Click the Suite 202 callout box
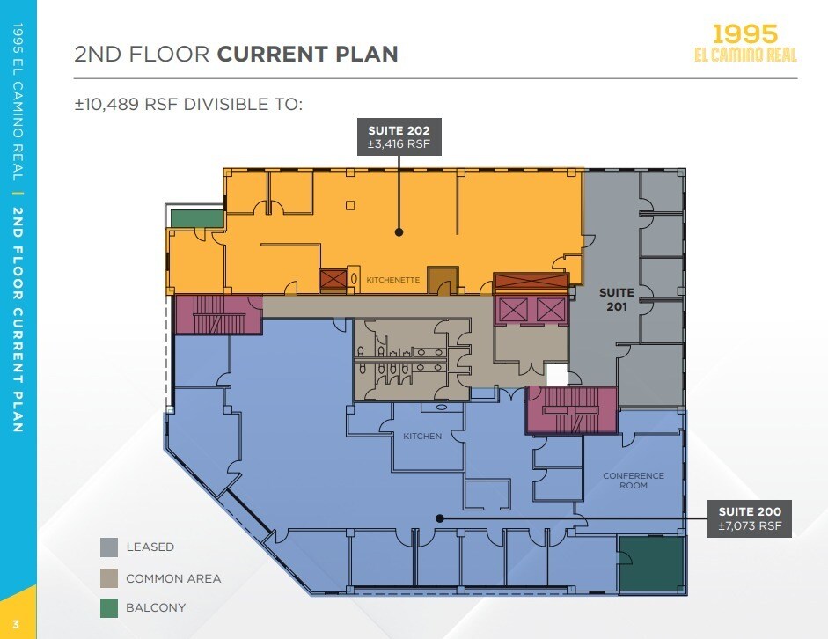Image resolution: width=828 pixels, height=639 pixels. (x=399, y=136)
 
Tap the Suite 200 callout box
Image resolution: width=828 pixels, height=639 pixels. (x=750, y=518)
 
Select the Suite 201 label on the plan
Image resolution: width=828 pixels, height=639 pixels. (x=617, y=299)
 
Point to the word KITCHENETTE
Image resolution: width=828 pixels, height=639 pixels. (x=392, y=280)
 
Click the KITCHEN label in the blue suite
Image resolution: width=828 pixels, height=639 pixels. (x=422, y=437)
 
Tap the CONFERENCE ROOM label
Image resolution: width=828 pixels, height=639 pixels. (x=634, y=481)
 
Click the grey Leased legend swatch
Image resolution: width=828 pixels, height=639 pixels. (x=109, y=547)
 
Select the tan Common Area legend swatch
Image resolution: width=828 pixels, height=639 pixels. (x=109, y=578)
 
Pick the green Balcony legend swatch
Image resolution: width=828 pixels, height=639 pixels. (x=109, y=608)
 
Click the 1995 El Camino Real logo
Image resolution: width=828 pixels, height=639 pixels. (x=745, y=43)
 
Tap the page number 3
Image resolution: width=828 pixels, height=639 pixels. (x=16, y=625)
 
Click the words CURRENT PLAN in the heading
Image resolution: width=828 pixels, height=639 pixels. (x=307, y=54)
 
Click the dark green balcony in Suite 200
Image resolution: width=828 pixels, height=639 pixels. (x=651, y=564)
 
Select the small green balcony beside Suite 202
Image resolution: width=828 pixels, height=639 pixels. (x=197, y=218)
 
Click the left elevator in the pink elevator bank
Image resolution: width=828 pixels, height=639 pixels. (x=513, y=310)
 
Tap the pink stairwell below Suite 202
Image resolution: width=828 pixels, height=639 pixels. (x=218, y=314)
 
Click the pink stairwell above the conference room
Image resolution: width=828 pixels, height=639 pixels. (x=572, y=410)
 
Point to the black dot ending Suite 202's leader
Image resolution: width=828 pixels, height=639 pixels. (x=399, y=232)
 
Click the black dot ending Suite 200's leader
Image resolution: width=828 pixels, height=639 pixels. (x=440, y=518)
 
